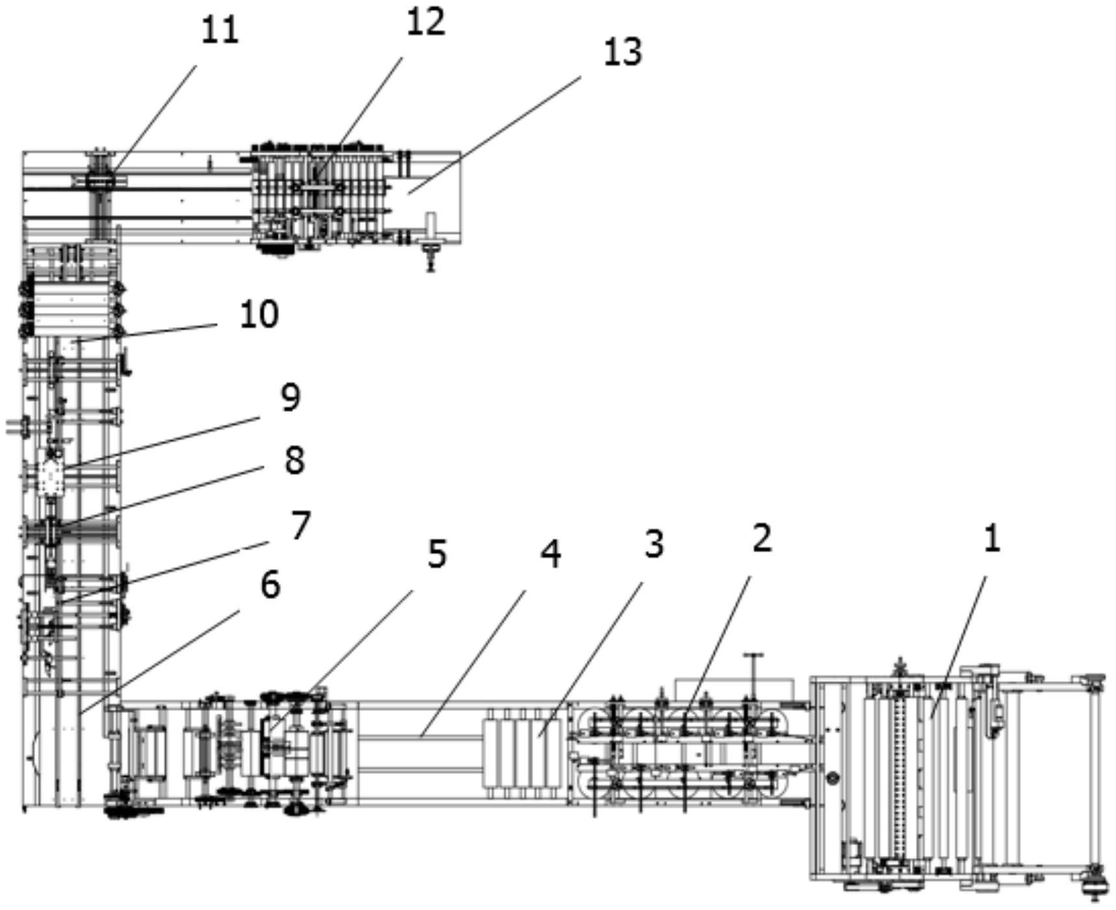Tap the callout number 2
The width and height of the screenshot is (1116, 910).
click(761, 539)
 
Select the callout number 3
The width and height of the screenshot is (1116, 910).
click(654, 544)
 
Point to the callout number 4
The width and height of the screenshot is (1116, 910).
click(551, 555)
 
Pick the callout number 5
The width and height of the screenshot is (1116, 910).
click(437, 555)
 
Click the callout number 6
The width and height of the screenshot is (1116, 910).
click(271, 585)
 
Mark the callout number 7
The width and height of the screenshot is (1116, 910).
click(300, 525)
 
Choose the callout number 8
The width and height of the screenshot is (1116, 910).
click(295, 461)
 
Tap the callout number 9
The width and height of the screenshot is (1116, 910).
click(290, 397)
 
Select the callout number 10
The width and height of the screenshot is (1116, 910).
click(259, 314)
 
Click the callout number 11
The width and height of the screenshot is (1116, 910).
click(219, 31)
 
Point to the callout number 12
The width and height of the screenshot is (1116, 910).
click(426, 21)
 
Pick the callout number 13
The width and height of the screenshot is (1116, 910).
click(623, 51)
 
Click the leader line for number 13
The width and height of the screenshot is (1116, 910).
click(494, 135)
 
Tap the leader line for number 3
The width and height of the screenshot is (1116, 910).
click(591, 658)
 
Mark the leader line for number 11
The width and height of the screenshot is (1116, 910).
click(153, 118)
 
